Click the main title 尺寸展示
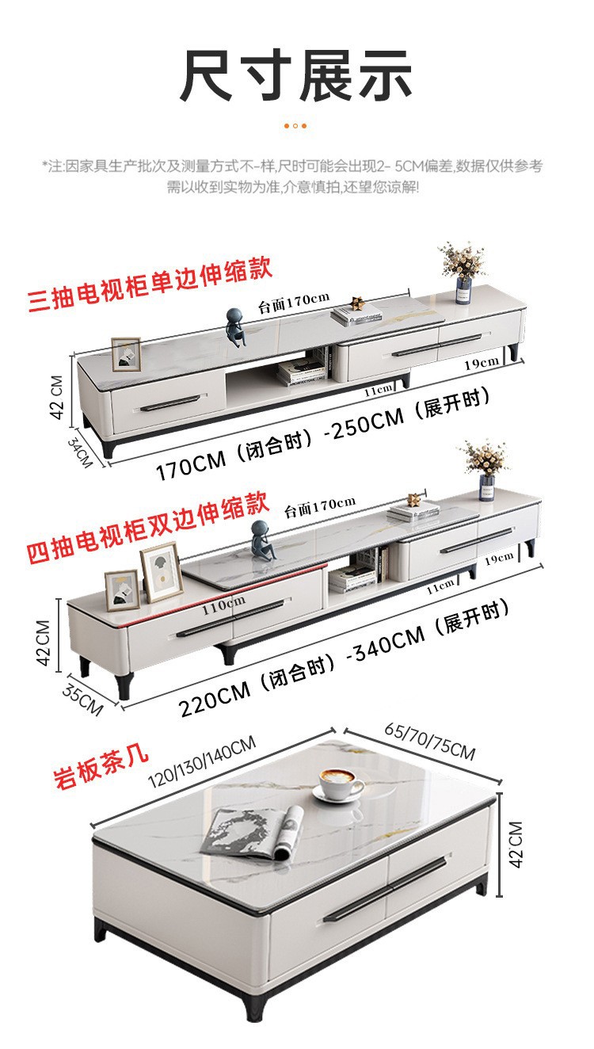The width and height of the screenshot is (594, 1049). (x=296, y=77)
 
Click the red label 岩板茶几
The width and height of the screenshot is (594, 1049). (x=101, y=762)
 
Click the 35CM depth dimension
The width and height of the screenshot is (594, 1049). (x=82, y=697)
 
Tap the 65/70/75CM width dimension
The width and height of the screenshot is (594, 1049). (x=430, y=740)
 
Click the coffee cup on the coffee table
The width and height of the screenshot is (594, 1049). (x=340, y=784)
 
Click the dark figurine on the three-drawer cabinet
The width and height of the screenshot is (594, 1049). (x=235, y=324)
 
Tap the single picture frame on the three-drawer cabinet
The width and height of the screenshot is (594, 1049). (x=125, y=354)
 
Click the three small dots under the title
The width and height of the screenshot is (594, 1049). (x=295, y=125)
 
